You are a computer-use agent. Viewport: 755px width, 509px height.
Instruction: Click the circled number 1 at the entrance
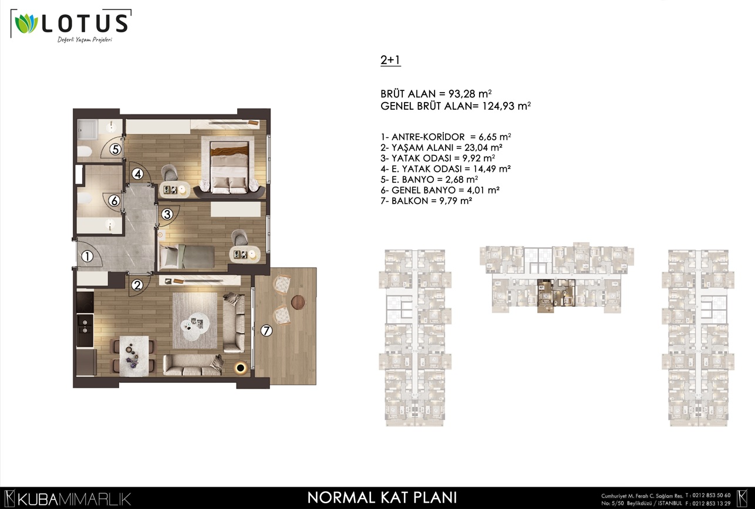[x=87, y=256]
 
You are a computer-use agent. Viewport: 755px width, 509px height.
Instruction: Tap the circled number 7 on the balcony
[x=267, y=331]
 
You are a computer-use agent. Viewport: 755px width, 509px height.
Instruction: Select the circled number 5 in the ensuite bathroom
[x=115, y=149]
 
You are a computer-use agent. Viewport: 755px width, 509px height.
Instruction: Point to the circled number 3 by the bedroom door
[x=167, y=214]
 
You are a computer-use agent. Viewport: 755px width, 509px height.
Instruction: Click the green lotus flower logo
[x=26, y=24]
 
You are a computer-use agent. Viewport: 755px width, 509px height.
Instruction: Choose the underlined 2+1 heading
[x=390, y=60]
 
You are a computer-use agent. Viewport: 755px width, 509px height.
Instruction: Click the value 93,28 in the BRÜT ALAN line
[x=462, y=94]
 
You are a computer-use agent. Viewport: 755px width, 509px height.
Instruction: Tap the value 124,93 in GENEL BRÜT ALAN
[x=498, y=106]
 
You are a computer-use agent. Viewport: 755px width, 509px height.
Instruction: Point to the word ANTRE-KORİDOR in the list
[x=428, y=137]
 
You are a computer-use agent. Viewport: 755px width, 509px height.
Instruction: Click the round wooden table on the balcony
[x=298, y=302]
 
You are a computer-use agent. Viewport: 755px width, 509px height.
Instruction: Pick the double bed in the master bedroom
[x=230, y=167]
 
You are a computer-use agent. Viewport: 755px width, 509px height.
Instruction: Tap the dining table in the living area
[x=134, y=355]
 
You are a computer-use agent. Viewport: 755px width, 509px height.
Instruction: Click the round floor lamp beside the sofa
[x=241, y=368]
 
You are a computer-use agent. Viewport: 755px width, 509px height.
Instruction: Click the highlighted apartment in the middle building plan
[x=556, y=294]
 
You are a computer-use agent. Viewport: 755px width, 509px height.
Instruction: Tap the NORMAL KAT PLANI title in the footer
[x=382, y=497]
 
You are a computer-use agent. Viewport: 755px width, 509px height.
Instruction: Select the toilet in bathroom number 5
[x=85, y=151]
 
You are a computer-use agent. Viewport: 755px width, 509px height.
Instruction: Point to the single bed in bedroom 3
[x=187, y=256]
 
